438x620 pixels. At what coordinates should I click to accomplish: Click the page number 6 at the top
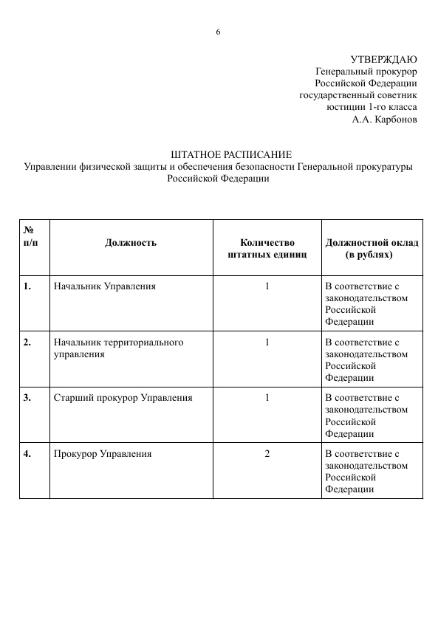click(219, 31)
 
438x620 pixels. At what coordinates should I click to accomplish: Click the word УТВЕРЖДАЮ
click(383, 59)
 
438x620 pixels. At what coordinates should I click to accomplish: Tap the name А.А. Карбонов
click(384, 118)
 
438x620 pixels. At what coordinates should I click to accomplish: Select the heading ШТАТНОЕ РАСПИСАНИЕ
click(231, 154)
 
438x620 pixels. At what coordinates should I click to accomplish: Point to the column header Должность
click(131, 242)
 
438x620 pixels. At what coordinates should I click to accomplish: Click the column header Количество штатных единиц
click(267, 248)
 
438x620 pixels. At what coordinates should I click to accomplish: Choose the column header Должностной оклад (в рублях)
click(372, 248)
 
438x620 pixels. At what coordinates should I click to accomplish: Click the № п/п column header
click(30, 236)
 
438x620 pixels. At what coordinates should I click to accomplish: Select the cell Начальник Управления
click(105, 286)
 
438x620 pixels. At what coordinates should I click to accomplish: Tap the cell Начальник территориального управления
click(118, 348)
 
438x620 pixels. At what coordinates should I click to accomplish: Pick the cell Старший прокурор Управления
click(123, 397)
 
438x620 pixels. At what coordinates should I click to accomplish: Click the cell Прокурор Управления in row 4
click(103, 453)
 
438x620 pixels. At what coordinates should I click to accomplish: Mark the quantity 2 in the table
click(267, 453)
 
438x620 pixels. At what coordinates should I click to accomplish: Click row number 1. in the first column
click(27, 286)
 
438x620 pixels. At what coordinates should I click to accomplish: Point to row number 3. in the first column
click(27, 397)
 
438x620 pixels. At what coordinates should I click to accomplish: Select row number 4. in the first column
click(27, 453)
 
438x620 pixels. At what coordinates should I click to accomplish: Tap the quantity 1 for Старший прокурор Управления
click(267, 397)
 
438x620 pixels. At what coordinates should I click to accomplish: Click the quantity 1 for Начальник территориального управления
click(267, 342)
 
